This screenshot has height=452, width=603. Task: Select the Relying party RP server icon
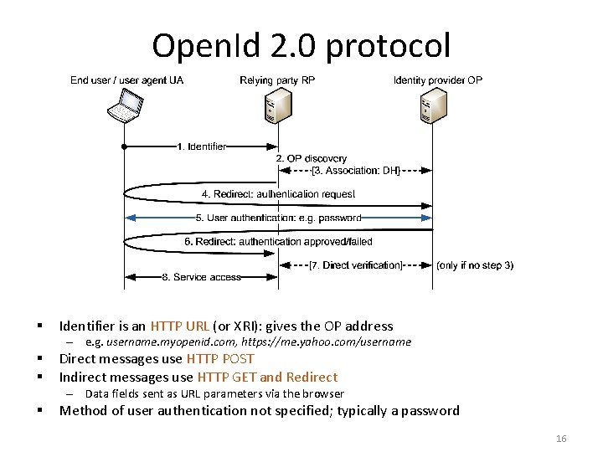[278, 105]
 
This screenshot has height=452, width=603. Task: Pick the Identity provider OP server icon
[432, 105]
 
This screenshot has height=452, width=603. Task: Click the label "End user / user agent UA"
[126, 80]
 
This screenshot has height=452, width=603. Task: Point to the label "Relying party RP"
[279, 80]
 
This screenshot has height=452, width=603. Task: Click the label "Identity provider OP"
[438, 80]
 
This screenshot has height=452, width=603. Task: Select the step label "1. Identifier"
[201, 146]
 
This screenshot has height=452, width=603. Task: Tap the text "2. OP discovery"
[311, 158]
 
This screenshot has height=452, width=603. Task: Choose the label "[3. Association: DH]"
[356, 171]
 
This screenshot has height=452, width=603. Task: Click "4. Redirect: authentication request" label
[278, 194]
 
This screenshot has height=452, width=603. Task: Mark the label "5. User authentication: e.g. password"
[278, 218]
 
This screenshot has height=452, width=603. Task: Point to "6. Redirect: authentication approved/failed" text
[278, 242]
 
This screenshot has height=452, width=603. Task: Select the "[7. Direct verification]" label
[356, 265]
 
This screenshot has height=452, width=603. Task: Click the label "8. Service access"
[201, 277]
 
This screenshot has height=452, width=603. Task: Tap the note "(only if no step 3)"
[476, 265]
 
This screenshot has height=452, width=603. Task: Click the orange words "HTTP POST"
[220, 359]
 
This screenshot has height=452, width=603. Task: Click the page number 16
[561, 439]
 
